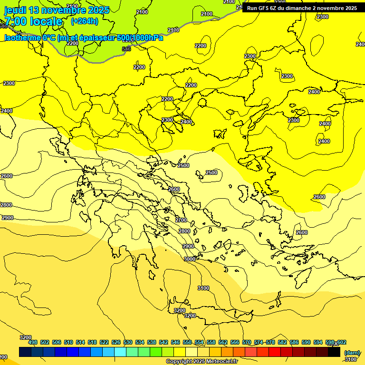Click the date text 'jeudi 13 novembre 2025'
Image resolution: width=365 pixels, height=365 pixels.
click(x=57, y=10)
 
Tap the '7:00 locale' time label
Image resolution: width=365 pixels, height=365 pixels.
click(x=33, y=21)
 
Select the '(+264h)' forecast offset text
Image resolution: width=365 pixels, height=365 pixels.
click(x=84, y=21)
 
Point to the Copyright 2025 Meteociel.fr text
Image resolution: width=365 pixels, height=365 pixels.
click(x=202, y=361)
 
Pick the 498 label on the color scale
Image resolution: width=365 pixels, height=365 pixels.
click(x=33, y=342)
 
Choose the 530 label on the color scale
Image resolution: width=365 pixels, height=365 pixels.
click(x=128, y=342)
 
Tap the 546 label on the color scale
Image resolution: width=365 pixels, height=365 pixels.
click(x=175, y=342)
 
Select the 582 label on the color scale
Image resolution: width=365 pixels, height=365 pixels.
click(x=282, y=342)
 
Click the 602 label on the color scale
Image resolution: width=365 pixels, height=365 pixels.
click(x=341, y=342)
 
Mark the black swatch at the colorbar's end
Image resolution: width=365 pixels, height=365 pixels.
click(x=334, y=352)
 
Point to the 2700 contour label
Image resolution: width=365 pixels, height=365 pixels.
click(x=181, y=220)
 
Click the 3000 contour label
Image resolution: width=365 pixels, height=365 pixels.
click(x=190, y=259)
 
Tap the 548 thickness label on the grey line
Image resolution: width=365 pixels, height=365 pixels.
click(x=126, y=49)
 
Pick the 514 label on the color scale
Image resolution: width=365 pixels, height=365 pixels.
click(x=80, y=342)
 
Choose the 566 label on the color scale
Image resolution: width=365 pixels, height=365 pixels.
click(x=235, y=342)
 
